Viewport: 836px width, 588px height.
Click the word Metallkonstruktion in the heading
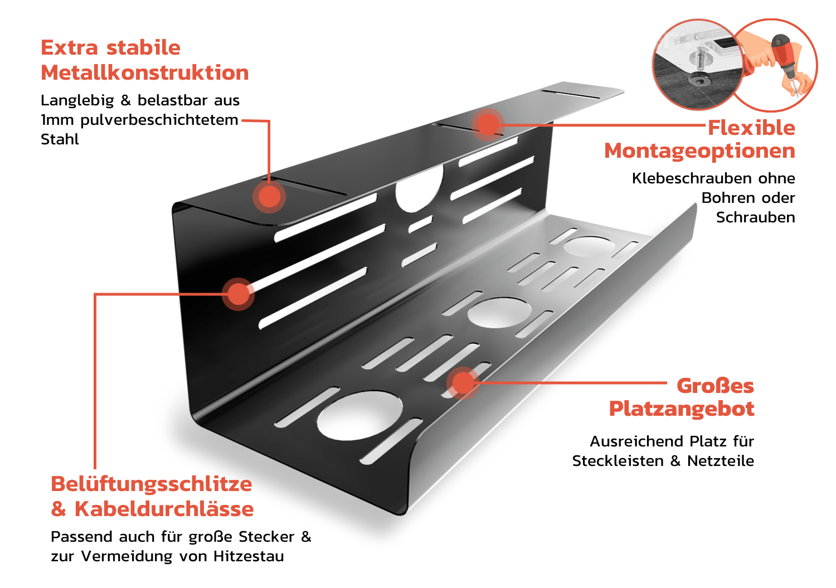[x=144, y=73]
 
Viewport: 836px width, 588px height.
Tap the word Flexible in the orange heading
[x=751, y=128]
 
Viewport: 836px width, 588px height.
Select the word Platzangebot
[x=681, y=409]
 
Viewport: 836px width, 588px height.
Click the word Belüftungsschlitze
[x=151, y=484]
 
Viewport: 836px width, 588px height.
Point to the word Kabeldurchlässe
[x=164, y=509]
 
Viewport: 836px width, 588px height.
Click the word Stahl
[x=60, y=139]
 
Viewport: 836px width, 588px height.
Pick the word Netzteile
[x=720, y=461]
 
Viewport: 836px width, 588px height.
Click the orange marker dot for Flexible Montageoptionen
[x=488, y=124]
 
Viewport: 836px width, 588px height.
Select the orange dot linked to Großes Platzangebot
[x=463, y=382]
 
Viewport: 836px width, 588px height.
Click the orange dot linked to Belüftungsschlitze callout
[x=238, y=294]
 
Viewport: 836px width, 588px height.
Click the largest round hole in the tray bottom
[x=359, y=415]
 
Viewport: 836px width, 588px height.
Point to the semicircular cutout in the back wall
[x=419, y=189]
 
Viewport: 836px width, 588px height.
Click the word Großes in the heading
[x=715, y=386]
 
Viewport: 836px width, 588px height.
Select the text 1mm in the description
[x=57, y=120]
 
